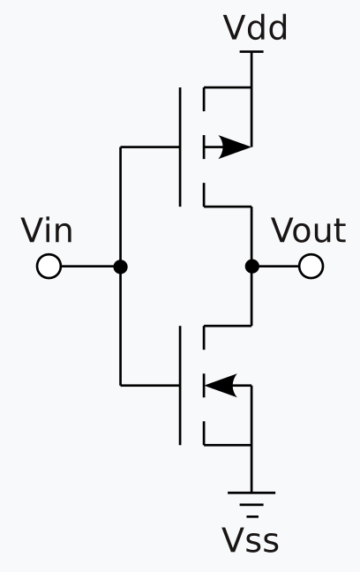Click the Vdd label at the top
click(x=255, y=28)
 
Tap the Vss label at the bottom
click(x=251, y=539)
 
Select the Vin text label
click(x=47, y=231)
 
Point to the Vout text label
click(x=308, y=231)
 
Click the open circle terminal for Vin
click(x=49, y=266)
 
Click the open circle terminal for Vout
click(x=311, y=266)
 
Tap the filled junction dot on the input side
click(x=121, y=266)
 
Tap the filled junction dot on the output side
click(x=252, y=266)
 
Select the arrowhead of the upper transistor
click(x=235, y=147)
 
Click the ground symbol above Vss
click(x=252, y=500)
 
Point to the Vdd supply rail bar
click(x=252, y=52)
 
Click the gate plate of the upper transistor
click(x=181, y=147)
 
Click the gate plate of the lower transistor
click(x=181, y=385)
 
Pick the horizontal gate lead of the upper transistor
click(x=150, y=147)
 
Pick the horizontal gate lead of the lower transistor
click(x=150, y=385)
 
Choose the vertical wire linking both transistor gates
click(x=121, y=203)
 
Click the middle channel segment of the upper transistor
click(x=205, y=147)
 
